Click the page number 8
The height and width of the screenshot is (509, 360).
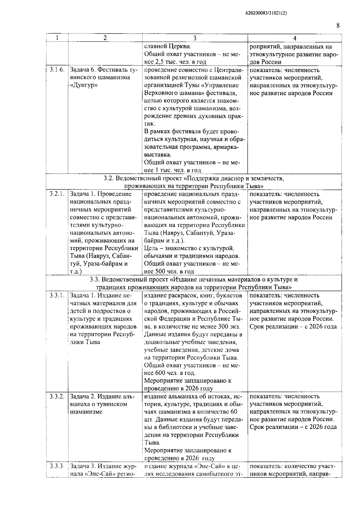click(338, 25)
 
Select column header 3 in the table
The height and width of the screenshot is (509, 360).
click(195, 38)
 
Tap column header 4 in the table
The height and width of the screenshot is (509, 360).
click(295, 38)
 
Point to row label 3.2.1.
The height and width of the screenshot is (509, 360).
click(57, 194)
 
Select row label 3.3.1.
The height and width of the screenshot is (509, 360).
click(57, 295)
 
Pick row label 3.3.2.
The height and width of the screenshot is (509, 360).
click(57, 397)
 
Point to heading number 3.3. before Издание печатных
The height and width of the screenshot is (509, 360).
click(95, 280)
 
